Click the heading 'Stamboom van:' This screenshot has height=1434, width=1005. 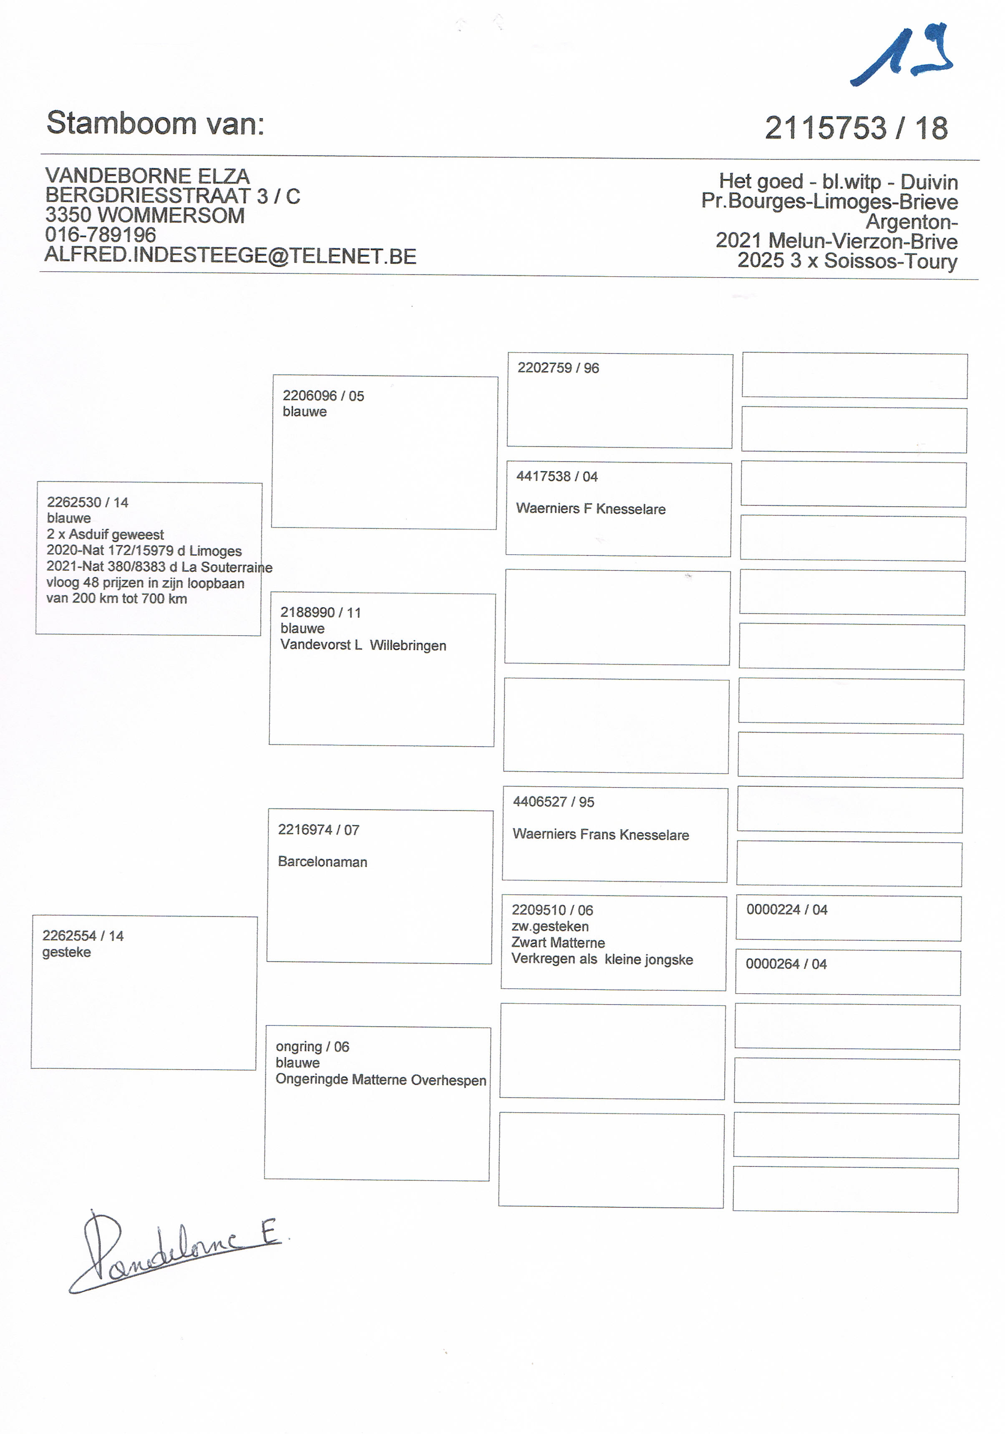(x=156, y=123)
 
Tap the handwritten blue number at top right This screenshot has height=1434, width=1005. (x=902, y=56)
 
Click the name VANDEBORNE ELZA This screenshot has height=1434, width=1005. (x=147, y=176)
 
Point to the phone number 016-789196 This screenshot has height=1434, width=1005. (x=101, y=235)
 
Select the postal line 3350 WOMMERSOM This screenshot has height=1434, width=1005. (x=145, y=215)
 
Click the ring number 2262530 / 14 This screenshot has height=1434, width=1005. (x=87, y=502)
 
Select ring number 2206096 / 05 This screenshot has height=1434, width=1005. (x=323, y=396)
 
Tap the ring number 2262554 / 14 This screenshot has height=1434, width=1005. (x=83, y=936)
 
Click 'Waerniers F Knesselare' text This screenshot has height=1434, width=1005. (x=590, y=509)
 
